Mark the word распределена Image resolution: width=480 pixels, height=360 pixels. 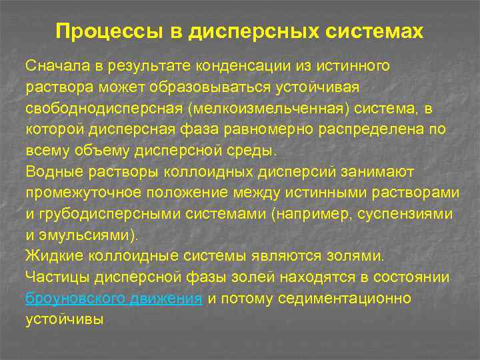tap(378, 129)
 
